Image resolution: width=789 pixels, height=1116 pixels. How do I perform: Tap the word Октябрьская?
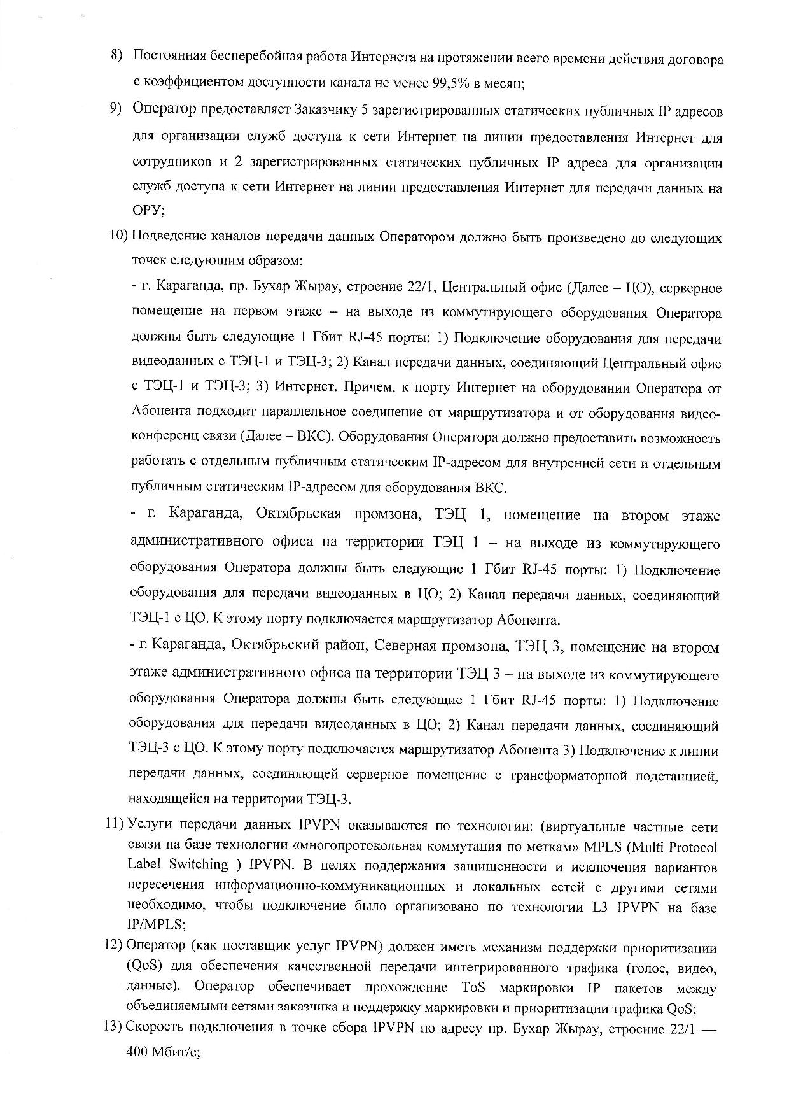point(297,514)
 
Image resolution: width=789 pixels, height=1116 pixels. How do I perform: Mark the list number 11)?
point(115,825)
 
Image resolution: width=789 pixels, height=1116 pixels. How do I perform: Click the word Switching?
point(197,865)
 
